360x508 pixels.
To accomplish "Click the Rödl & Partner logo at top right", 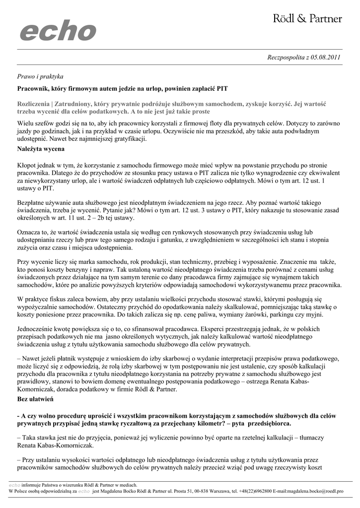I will coord(307,19).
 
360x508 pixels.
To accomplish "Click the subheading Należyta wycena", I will coord(40,149).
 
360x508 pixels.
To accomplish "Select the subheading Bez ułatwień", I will coord(36,399).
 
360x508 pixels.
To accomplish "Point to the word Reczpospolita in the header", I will coord(285,57).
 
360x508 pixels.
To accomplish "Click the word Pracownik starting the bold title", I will coord(33,89).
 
